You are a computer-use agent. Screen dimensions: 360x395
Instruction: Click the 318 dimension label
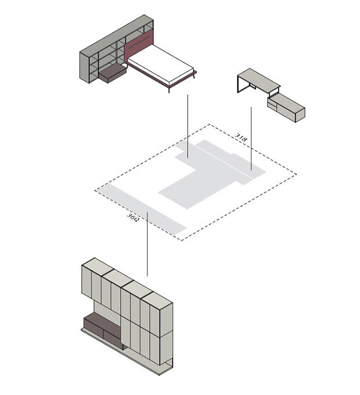(241, 137)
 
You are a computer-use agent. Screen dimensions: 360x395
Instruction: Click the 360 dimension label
(132, 217)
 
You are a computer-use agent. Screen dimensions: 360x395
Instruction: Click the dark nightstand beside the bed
(113, 73)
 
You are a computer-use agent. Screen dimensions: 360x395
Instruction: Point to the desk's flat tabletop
(259, 78)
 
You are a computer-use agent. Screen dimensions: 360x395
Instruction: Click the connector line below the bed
(188, 126)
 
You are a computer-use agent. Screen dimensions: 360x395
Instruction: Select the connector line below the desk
(251, 139)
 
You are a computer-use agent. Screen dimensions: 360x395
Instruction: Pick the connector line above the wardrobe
(147, 244)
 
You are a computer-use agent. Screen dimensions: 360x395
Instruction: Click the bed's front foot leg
(169, 89)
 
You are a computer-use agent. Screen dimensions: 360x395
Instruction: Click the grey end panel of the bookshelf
(84, 67)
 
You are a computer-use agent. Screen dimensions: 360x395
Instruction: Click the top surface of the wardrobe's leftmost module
(97, 266)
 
